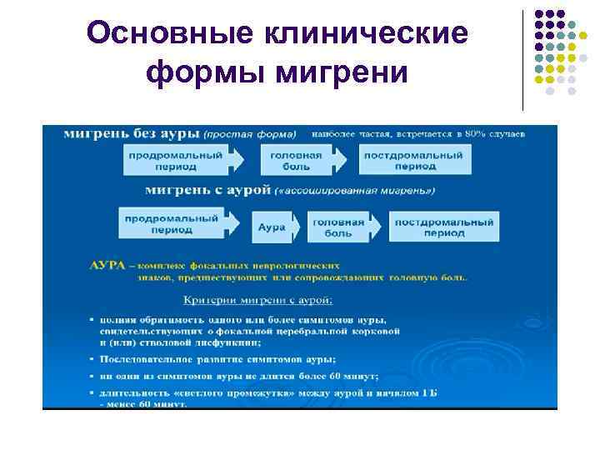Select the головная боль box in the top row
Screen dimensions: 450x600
tap(291, 160)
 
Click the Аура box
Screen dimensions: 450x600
tap(272, 227)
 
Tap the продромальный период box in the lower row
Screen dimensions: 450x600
tap(171, 223)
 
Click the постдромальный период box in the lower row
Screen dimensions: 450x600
tap(443, 227)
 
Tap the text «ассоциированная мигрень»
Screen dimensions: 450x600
tap(357, 191)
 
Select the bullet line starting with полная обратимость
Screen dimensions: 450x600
tap(242, 319)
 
